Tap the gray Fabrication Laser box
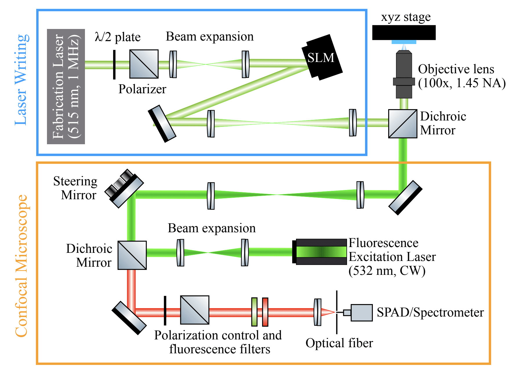[66, 87]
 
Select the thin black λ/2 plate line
[114, 64]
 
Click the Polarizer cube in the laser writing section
[144, 64]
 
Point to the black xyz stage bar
[404, 32]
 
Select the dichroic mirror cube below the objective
[402, 124]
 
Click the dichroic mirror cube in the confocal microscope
[132, 255]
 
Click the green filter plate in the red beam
[254, 312]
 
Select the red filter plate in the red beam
[265, 312]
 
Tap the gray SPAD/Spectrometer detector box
[361, 312]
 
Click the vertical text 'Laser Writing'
[22, 80]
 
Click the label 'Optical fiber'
[339, 343]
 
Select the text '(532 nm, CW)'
[387, 271]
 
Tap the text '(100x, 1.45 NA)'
[462, 83]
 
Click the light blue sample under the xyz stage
[404, 42]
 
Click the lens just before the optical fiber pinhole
[317, 312]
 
